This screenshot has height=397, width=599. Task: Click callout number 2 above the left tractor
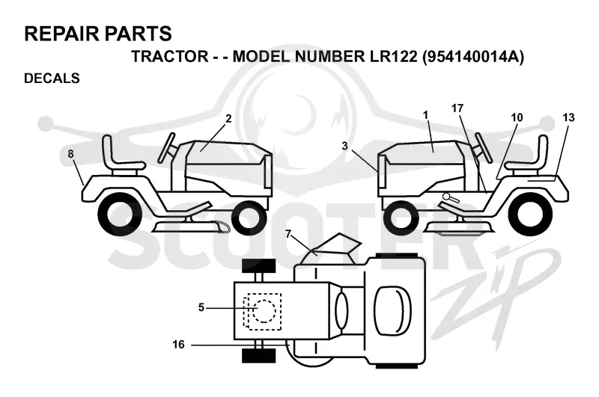(x=228, y=119)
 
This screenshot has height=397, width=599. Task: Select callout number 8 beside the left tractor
(x=70, y=154)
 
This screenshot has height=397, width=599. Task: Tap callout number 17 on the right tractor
(x=457, y=108)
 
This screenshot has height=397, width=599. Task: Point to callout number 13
(x=568, y=117)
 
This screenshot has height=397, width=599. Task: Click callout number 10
(x=517, y=117)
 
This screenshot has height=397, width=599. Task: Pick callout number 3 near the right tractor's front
(x=345, y=146)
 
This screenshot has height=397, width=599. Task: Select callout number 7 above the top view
(x=288, y=233)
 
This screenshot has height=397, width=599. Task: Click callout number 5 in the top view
(x=201, y=307)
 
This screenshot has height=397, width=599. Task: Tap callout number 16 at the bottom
(x=178, y=345)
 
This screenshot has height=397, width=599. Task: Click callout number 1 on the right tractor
(x=426, y=115)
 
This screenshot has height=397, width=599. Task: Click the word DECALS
(x=52, y=79)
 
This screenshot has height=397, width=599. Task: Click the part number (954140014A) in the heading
(x=473, y=57)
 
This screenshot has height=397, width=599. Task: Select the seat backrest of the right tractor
(x=542, y=149)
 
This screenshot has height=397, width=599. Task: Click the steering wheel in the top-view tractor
(x=342, y=310)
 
